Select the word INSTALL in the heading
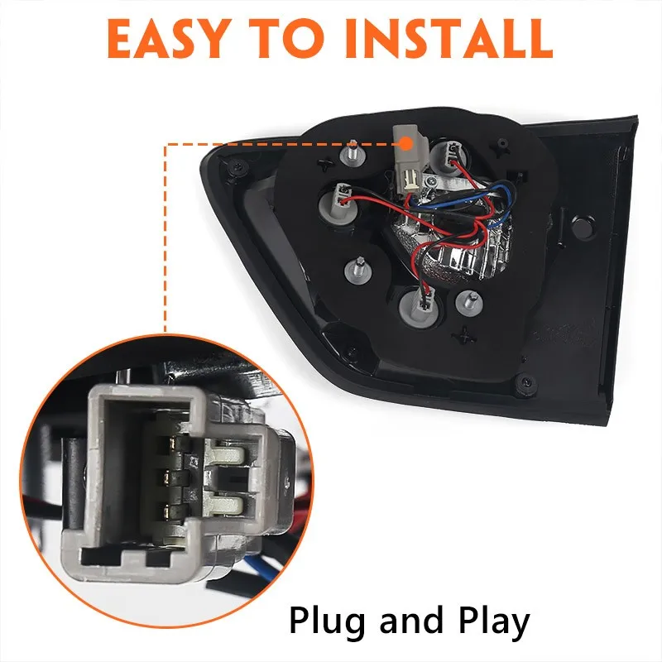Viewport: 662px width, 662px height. click(x=449, y=38)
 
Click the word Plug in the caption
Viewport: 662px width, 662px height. click(x=327, y=621)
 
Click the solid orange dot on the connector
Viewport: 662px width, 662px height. click(x=405, y=143)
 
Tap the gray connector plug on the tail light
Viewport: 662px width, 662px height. click(x=406, y=161)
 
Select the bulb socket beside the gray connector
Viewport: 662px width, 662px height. click(x=449, y=157)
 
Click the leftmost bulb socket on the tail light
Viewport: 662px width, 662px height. click(x=339, y=204)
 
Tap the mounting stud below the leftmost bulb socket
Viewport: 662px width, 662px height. click(x=358, y=271)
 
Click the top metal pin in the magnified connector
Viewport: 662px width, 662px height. click(x=173, y=444)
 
